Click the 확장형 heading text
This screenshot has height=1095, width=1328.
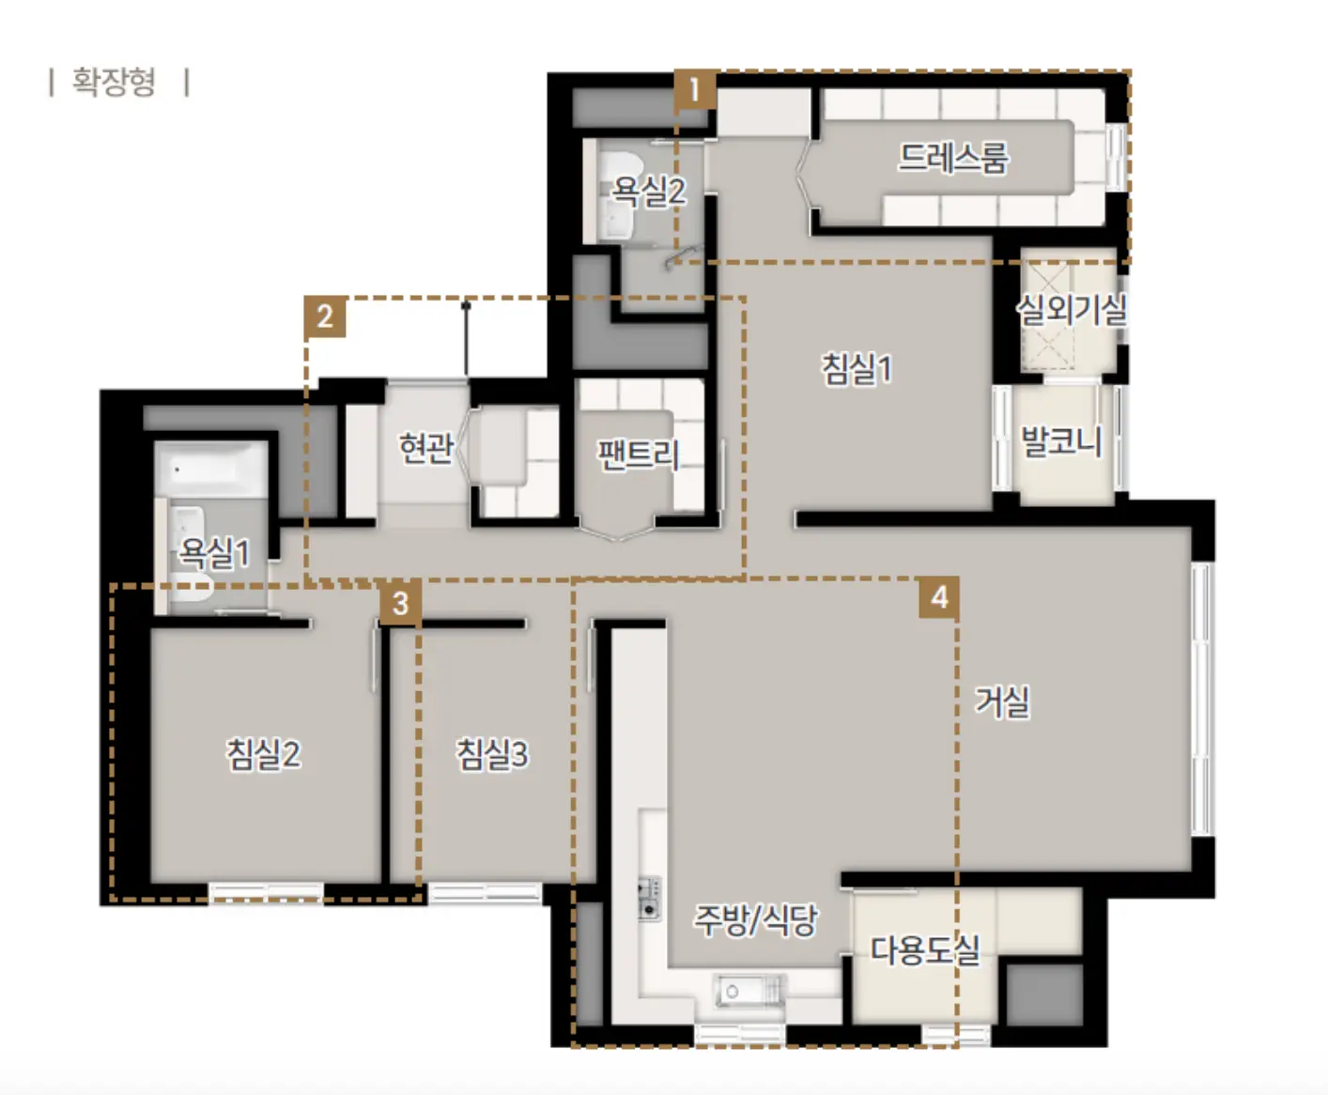(114, 82)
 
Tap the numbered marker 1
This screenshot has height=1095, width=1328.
(695, 89)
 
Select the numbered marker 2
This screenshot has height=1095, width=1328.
(325, 316)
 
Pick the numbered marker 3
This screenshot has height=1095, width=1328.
(400, 603)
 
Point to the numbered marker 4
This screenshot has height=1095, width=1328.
(939, 597)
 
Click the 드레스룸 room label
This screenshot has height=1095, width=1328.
(952, 158)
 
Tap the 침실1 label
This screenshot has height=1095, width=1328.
(857, 369)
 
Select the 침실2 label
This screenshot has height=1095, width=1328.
(263, 754)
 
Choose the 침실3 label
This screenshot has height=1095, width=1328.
(491, 754)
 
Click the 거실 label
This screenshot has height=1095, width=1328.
(1002, 702)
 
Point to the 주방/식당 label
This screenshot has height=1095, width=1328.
(756, 920)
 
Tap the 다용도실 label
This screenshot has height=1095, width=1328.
(925, 950)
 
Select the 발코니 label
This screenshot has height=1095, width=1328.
(1061, 441)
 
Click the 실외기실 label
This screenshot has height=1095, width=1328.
(1072, 310)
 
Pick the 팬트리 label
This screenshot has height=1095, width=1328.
(638, 455)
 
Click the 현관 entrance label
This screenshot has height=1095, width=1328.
(426, 448)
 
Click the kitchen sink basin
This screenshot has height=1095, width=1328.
(749, 992)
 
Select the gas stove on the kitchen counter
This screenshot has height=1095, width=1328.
(649, 898)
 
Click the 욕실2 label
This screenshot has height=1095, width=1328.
(648, 191)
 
